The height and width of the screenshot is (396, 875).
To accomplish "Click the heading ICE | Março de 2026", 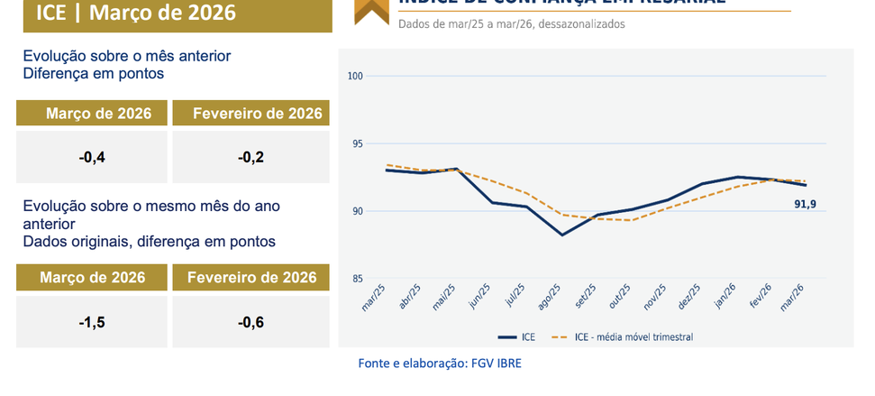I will [x=136, y=13].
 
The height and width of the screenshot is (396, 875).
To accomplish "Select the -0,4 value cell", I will [x=92, y=158].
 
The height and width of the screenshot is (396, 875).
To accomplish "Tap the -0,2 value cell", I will [x=251, y=158].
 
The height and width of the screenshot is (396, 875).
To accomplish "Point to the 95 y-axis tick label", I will [x=356, y=143].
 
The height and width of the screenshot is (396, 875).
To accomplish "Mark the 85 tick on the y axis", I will [x=356, y=279].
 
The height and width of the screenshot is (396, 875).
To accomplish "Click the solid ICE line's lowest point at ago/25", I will [x=562, y=235].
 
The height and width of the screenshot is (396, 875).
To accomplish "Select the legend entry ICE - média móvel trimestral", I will [x=629, y=337].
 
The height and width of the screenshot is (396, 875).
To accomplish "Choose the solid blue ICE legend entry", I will [x=517, y=337].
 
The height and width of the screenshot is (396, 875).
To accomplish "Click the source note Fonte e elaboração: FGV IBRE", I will [x=440, y=364].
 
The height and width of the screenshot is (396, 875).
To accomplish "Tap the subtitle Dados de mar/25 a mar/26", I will [x=511, y=24].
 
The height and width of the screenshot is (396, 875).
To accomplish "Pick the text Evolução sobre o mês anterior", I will [x=127, y=56].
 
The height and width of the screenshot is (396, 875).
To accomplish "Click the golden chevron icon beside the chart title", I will [x=367, y=11].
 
